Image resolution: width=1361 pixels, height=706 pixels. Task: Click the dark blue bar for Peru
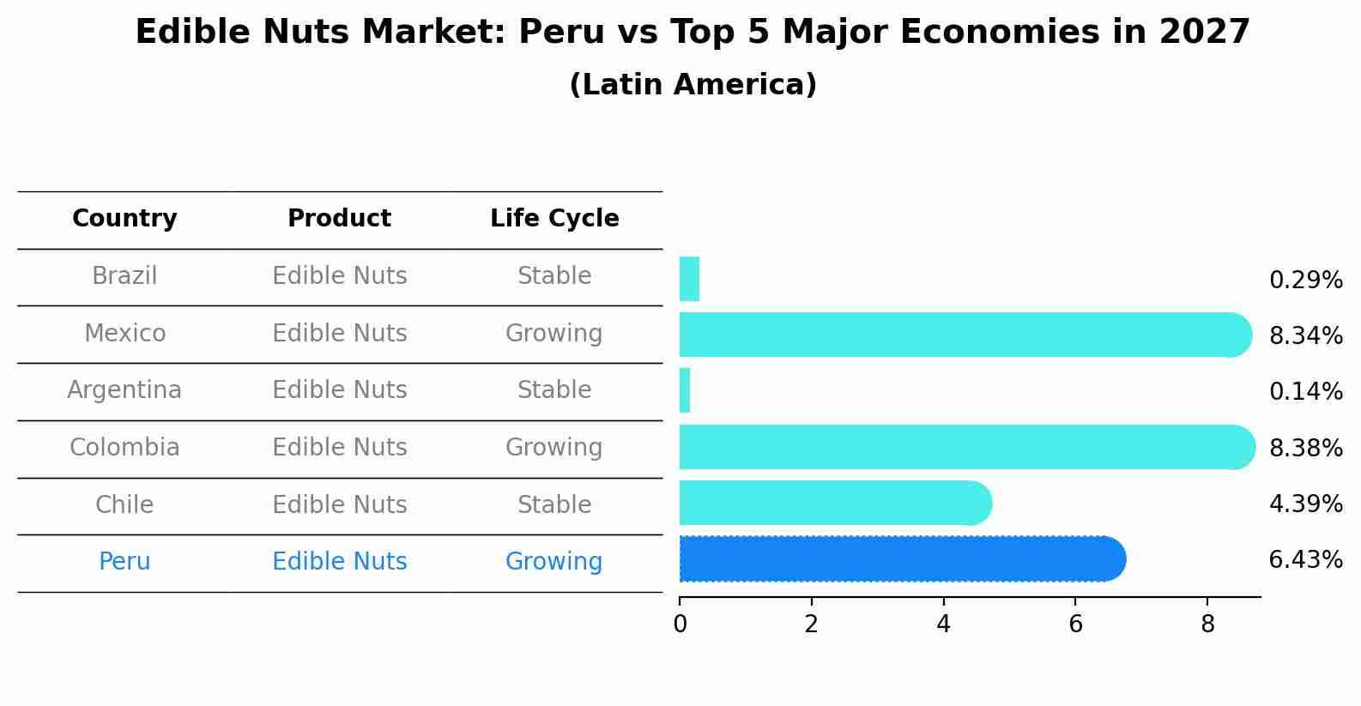901,559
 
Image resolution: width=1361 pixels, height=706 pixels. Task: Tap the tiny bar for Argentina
685,391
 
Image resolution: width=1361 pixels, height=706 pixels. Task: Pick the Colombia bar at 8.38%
966,447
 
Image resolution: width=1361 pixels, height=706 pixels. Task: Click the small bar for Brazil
689,279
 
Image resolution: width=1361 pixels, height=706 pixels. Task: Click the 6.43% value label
1305,560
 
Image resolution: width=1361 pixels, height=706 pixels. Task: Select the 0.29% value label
1305,281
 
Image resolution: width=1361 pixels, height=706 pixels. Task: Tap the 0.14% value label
1305,392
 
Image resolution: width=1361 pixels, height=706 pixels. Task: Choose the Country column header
124,219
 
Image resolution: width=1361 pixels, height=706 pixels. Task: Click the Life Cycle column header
554,219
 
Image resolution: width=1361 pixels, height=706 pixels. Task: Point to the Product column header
339,219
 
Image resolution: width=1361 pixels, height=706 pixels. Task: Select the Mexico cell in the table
124,333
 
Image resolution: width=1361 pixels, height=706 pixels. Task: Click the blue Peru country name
124,562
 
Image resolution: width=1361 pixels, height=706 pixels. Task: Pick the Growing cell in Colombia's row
553,448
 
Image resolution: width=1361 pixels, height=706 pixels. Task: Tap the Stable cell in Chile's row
553,504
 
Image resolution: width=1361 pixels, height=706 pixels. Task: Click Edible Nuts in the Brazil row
339,276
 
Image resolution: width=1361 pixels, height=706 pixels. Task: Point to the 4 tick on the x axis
943,625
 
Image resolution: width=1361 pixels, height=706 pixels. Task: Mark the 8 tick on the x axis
1207,625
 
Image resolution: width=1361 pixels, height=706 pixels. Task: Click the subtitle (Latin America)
693,85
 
